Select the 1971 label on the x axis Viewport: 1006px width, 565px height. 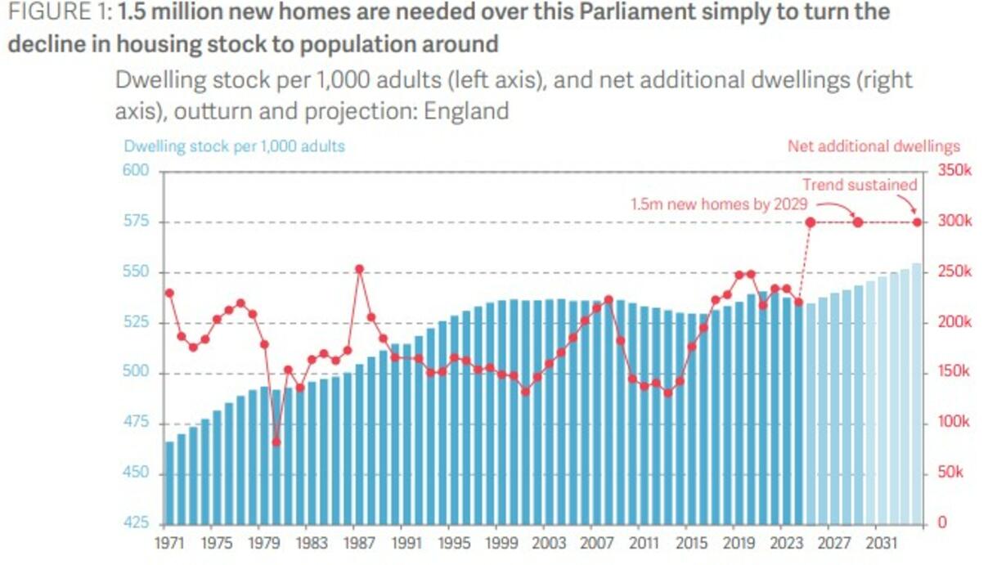click(169, 542)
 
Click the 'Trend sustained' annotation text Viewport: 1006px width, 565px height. click(860, 185)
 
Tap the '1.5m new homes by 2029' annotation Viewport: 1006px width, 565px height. click(719, 204)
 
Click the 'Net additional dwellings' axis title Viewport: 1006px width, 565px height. click(874, 146)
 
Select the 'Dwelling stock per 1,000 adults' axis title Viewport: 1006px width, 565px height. click(235, 146)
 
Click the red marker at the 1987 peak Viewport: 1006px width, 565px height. click(359, 269)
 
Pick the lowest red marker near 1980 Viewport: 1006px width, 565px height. click(276, 442)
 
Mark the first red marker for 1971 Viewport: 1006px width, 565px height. click(169, 293)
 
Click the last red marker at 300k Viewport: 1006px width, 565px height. click(917, 222)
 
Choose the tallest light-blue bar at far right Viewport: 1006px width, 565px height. click(917, 392)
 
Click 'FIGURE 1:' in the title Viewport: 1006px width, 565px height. click(59, 13)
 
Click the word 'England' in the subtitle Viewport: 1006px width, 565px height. click(466, 110)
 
